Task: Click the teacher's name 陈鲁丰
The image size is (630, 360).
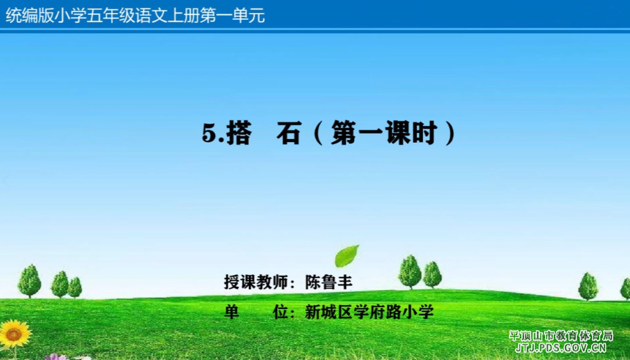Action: coord(329,282)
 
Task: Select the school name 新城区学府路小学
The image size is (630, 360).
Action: coord(369,312)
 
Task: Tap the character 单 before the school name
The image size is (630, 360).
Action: coord(231,312)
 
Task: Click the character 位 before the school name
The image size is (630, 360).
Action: coord(281,312)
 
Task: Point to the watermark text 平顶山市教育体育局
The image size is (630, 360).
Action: coord(561,336)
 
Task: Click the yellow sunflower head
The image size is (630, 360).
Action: coord(15,334)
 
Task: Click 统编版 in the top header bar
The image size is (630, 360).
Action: coord(30,16)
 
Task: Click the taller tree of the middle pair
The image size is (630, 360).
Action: coord(410,271)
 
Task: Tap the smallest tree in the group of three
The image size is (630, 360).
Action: coord(75,287)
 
